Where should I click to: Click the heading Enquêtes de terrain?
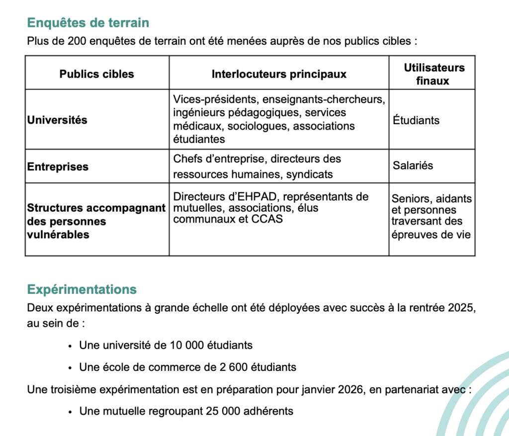click(x=88, y=23)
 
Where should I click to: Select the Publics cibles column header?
click(x=97, y=74)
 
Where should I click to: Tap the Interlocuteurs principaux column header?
click(x=279, y=74)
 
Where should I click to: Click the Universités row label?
click(x=57, y=120)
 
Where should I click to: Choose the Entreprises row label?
click(x=58, y=166)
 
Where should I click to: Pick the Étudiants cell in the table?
click(x=416, y=120)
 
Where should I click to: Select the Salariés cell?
click(x=413, y=165)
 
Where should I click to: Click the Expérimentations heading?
click(x=82, y=289)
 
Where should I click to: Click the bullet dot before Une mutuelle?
click(x=71, y=412)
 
